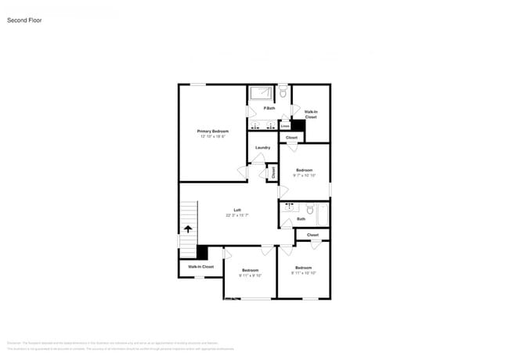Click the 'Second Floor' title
(24, 20)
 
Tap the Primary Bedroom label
(211, 131)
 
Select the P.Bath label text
(269, 108)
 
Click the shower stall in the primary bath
(260, 93)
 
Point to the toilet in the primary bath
(283, 93)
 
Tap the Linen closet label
(285, 125)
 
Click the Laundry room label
(262, 147)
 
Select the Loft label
(236, 210)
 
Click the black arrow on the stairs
(188, 229)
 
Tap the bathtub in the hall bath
(319, 209)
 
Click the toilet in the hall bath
(309, 209)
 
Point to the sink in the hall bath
(290, 207)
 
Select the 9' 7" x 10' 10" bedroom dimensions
(304, 175)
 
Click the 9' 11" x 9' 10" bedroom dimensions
(250, 275)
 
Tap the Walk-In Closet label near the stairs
(200, 267)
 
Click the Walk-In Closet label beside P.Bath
(311, 114)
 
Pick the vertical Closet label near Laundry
(273, 173)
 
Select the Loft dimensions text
(236, 215)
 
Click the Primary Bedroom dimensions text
(211, 136)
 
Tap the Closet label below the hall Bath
(312, 235)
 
